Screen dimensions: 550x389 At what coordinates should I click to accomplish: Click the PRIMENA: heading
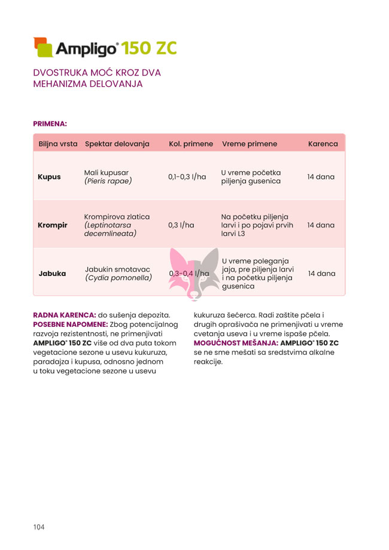(x=50, y=124)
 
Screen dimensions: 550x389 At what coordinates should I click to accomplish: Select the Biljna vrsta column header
(x=58, y=144)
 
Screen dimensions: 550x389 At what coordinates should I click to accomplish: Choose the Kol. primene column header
(x=191, y=144)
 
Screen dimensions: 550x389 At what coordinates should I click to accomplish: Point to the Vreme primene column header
(x=249, y=144)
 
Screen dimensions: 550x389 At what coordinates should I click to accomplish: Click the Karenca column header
(x=323, y=144)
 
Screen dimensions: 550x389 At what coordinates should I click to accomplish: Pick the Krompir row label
(x=52, y=226)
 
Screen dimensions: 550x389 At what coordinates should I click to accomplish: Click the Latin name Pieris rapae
(x=108, y=181)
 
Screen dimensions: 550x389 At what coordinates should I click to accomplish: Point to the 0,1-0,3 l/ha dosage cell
(x=187, y=177)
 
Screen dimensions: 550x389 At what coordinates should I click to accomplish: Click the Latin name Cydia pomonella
(x=118, y=278)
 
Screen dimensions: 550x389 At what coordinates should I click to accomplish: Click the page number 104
(x=39, y=527)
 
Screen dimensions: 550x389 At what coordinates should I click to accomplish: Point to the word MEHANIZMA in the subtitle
(x=61, y=84)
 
